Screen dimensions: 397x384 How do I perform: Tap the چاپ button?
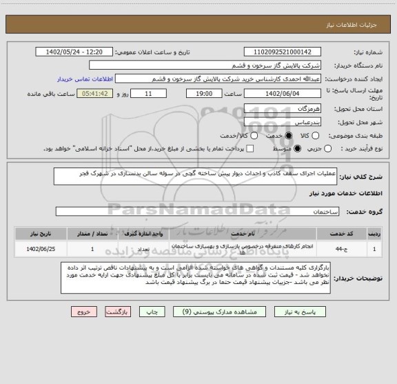(x=160, y=311)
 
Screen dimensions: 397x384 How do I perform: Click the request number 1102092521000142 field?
(x=283, y=52)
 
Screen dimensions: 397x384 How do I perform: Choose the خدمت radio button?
(x=256, y=135)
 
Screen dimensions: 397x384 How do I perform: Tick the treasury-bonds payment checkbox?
(x=250, y=148)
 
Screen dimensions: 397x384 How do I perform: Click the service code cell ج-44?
(x=340, y=247)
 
